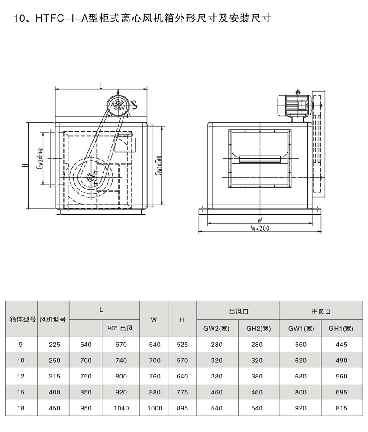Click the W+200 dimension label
[x=260, y=228]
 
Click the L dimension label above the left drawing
[x=101, y=86]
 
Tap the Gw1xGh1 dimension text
[x=158, y=165]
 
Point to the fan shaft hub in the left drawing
[x=90, y=178]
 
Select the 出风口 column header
[x=239, y=312]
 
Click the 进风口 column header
[x=321, y=312]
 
